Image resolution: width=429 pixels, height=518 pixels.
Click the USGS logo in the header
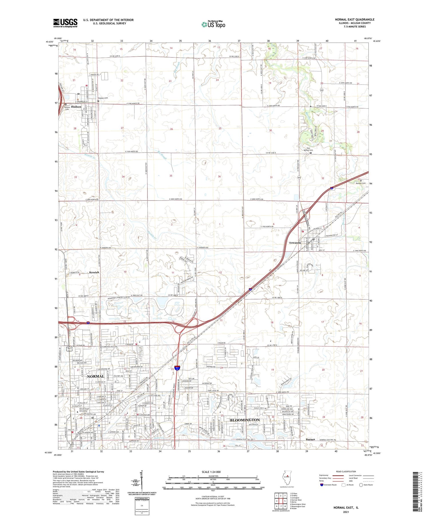(x=65, y=23)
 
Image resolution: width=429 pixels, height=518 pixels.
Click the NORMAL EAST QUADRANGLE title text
(x=354, y=19)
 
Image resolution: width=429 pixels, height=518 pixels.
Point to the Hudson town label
(x=76, y=107)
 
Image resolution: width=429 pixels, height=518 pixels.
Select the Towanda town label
(x=295, y=243)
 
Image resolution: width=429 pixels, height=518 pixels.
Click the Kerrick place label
(x=94, y=272)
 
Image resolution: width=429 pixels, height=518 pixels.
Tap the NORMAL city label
(x=96, y=376)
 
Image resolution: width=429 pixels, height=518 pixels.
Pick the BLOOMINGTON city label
(x=245, y=420)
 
